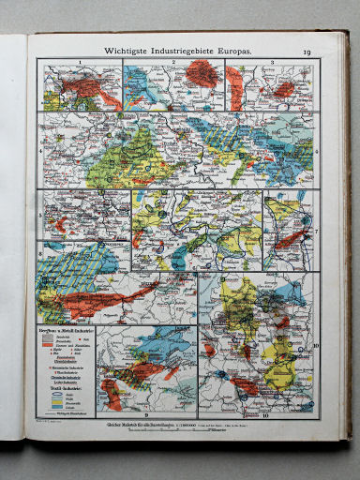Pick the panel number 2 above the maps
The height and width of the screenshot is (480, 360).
(x=174, y=61)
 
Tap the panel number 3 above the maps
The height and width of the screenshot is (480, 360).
(x=271, y=61)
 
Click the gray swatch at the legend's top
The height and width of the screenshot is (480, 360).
(x=47, y=337)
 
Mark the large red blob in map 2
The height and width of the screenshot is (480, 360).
(x=200, y=73)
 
